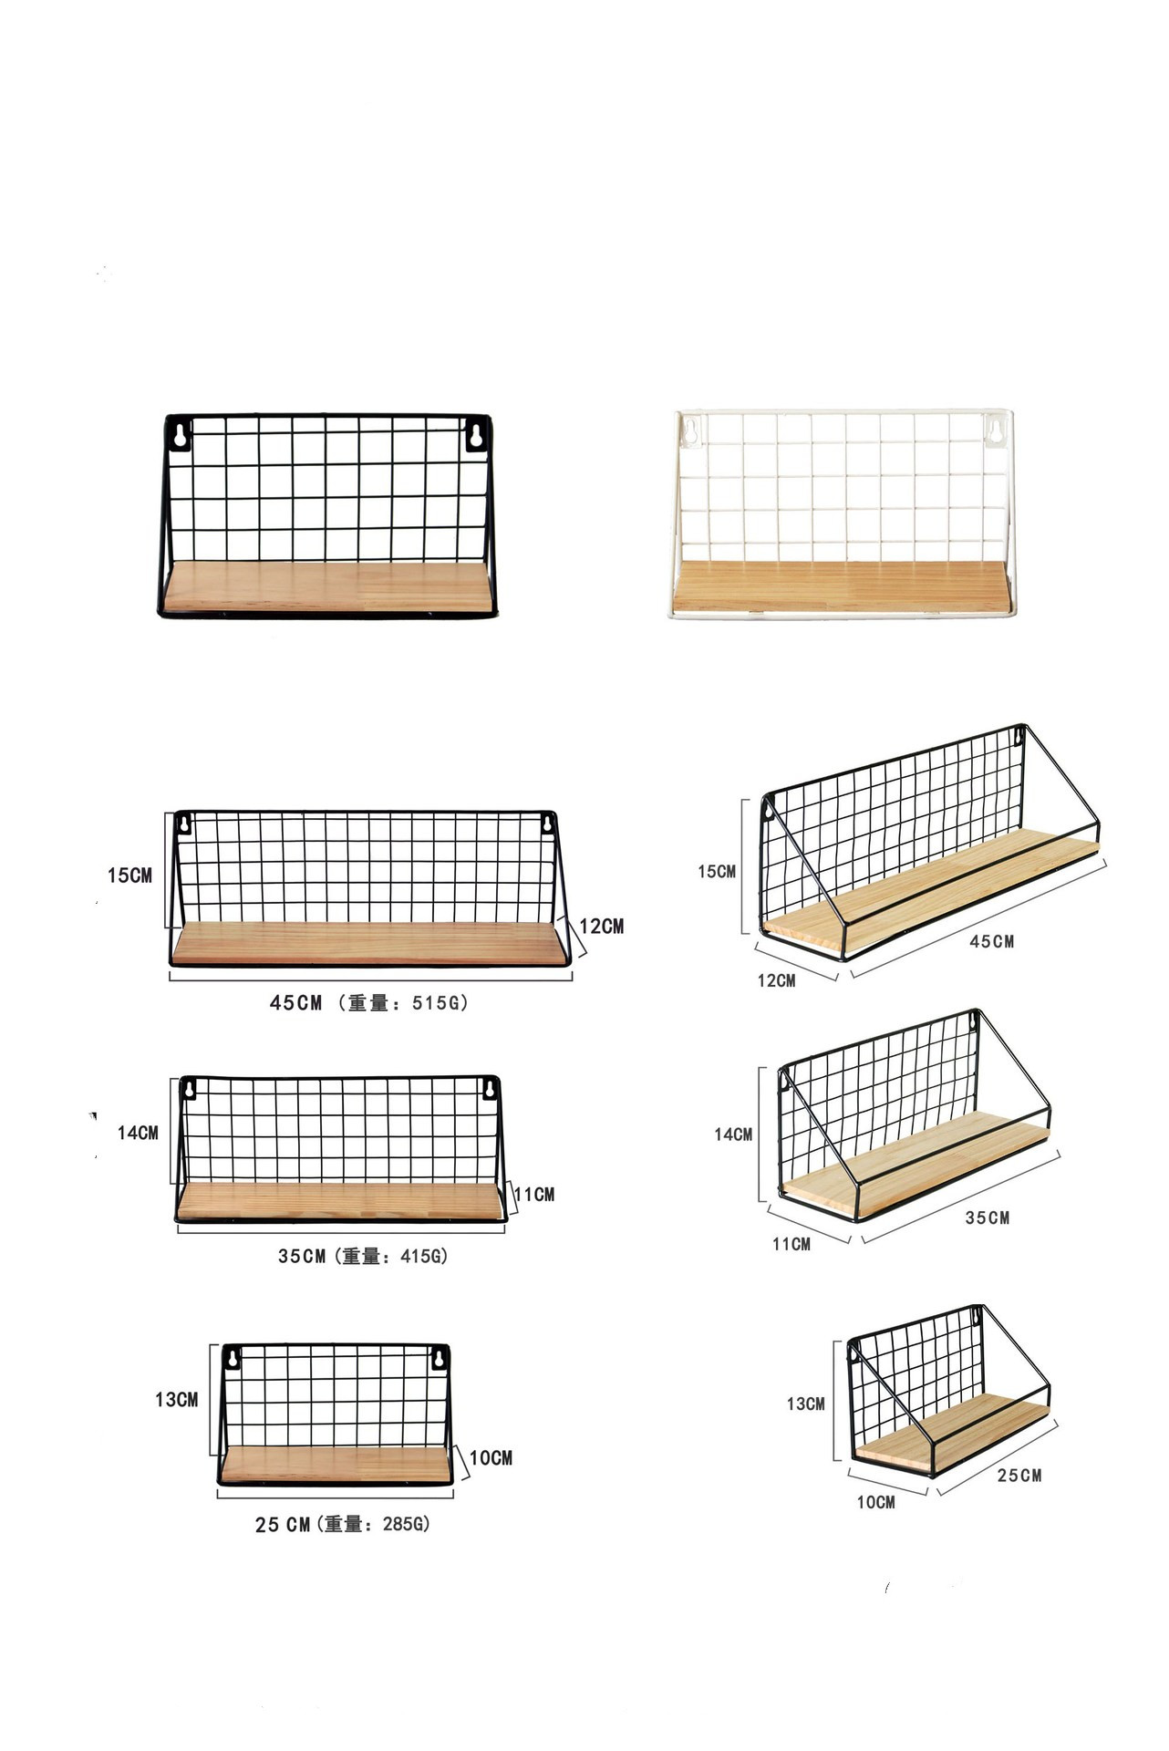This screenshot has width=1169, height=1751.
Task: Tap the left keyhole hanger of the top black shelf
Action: [x=181, y=435]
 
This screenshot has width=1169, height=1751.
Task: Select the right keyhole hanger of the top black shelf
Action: [x=474, y=435]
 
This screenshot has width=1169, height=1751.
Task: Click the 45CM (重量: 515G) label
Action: [x=369, y=1003]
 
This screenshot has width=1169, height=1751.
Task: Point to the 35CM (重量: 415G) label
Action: [x=363, y=1257]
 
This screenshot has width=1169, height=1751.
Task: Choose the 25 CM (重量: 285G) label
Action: [x=342, y=1525]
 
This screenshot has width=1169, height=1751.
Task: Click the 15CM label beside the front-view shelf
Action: [x=129, y=875]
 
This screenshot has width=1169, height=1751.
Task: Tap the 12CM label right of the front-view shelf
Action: [x=602, y=927]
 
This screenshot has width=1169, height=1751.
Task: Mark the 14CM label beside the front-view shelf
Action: [x=138, y=1133]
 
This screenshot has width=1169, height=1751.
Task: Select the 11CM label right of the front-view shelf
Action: [x=534, y=1195]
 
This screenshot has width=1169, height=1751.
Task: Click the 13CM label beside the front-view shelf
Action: [x=176, y=1400]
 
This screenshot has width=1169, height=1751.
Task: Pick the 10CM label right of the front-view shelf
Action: [x=491, y=1458]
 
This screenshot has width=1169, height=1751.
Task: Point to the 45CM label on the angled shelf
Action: [x=991, y=942]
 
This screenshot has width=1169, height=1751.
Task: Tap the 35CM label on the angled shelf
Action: [x=988, y=1218]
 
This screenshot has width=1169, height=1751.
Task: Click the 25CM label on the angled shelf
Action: [x=1019, y=1476]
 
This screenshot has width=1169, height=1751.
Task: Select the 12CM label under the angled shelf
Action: [x=776, y=981]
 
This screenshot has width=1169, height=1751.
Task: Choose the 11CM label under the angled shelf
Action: [x=791, y=1244]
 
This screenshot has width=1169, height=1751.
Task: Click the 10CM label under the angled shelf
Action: [x=875, y=1502]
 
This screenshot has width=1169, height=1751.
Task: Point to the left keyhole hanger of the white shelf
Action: [x=690, y=430]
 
